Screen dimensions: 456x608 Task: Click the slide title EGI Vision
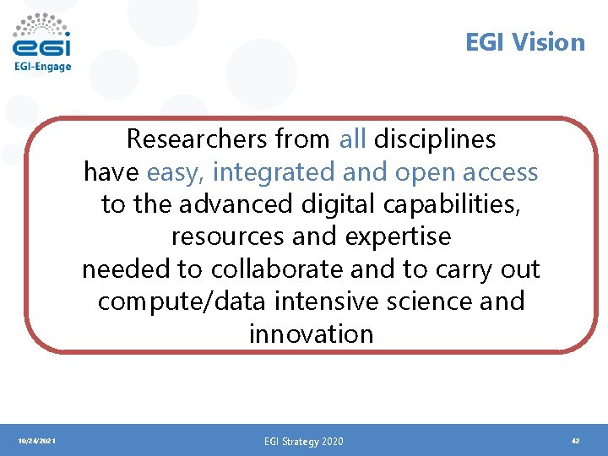click(x=524, y=42)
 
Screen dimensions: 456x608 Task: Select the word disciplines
click(x=435, y=138)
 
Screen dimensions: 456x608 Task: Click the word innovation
click(x=311, y=334)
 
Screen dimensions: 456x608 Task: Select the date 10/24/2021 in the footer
click(x=36, y=441)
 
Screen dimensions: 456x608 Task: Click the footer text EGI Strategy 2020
click(x=303, y=441)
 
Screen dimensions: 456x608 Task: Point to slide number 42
click(x=575, y=441)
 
